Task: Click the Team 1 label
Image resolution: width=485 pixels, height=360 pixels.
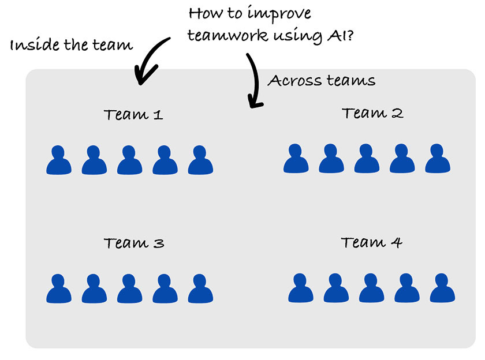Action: pos(133,115)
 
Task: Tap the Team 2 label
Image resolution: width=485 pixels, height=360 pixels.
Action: pos(372,113)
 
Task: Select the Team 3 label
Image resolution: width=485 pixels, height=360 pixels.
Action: pos(134,243)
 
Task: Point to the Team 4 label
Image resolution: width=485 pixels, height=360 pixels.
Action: pos(371,242)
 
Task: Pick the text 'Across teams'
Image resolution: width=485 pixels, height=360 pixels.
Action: pos(322,81)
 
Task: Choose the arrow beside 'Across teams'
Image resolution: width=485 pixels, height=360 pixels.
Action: pos(253,81)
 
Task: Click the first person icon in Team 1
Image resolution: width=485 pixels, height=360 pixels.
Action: pos(59,160)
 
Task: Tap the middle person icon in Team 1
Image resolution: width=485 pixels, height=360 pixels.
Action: pos(129,160)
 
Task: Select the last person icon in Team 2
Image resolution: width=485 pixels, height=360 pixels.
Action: pos(437,159)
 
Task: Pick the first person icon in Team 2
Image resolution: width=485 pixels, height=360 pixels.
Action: pos(296,159)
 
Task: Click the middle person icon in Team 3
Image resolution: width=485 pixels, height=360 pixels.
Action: pos(129,289)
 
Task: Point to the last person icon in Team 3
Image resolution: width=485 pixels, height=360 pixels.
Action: pos(200,289)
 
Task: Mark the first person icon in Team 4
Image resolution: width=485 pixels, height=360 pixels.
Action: pos(301,288)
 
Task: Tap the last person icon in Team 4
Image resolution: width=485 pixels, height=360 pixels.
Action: pos(442,288)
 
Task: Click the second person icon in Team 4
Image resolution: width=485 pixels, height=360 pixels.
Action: pos(336,288)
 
